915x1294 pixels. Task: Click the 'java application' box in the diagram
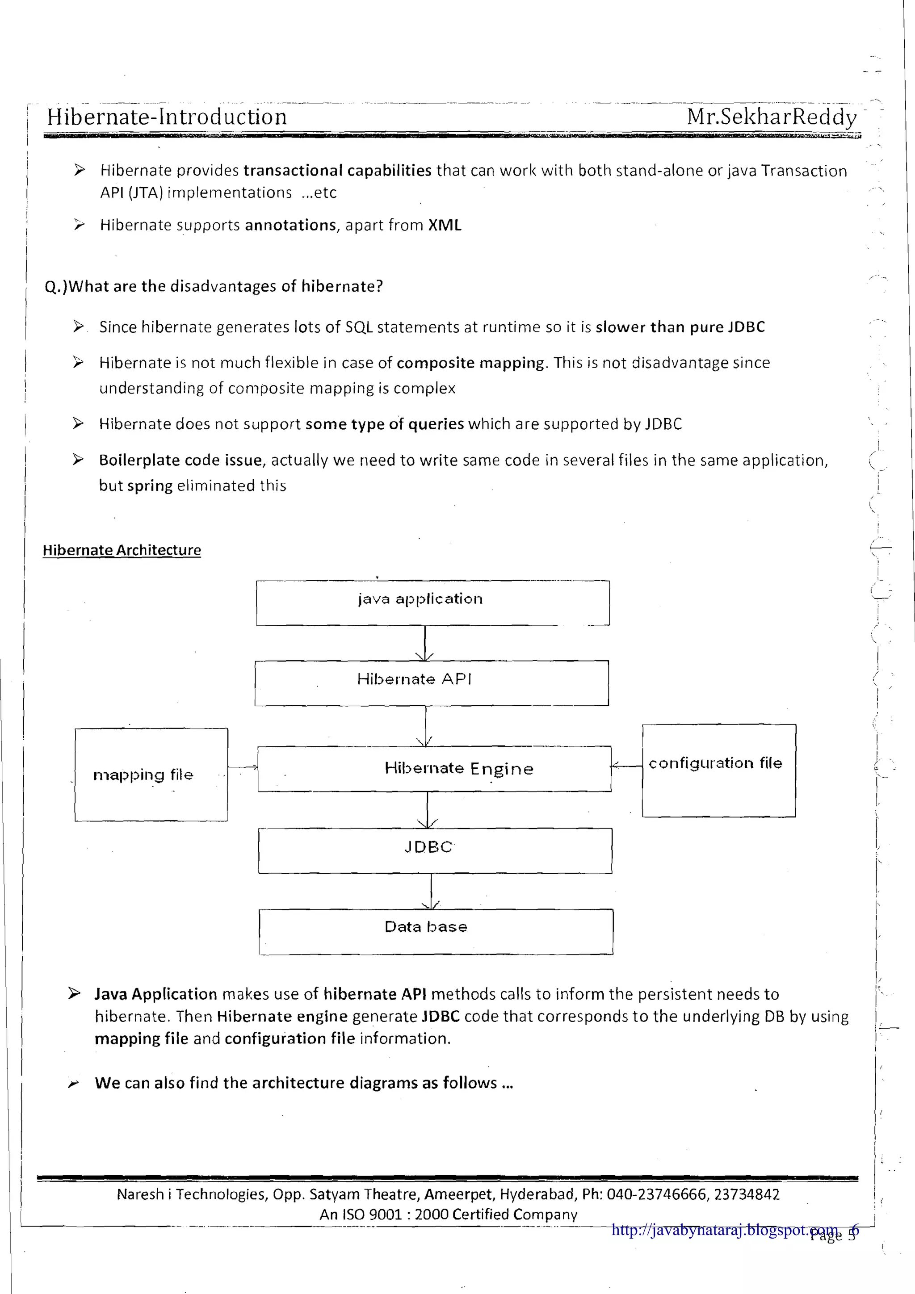[x=432, y=603]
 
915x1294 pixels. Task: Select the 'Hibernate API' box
[x=431, y=683]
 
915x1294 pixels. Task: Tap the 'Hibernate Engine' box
[x=434, y=769]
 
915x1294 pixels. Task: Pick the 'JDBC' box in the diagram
[x=435, y=850]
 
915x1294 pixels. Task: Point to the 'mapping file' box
[x=151, y=775]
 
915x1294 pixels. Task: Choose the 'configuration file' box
[x=719, y=771]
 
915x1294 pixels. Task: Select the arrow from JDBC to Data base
[x=431, y=891]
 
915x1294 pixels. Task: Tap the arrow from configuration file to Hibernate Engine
[x=626, y=765]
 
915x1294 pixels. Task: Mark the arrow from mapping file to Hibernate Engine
[x=243, y=767]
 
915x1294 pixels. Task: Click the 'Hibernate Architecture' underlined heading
[x=122, y=550]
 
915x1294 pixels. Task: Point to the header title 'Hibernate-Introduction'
[x=167, y=117]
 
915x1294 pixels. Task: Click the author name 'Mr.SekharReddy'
[x=771, y=117]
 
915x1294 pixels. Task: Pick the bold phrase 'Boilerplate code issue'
[x=180, y=461]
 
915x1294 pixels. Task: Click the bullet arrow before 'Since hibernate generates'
[x=78, y=327]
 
